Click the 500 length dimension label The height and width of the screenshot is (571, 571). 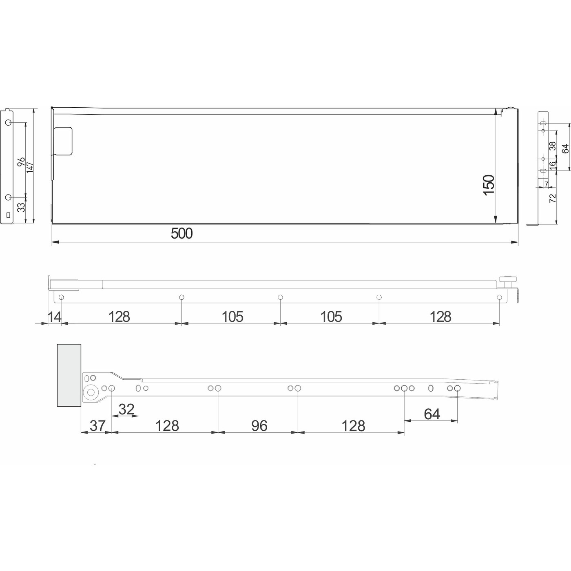181,234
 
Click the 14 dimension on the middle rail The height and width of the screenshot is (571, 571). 54,316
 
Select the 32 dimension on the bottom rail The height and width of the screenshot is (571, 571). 126,409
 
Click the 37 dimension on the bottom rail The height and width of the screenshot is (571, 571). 97,426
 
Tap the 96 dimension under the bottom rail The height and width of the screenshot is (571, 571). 259,426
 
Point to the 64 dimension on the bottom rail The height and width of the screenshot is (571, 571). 432,414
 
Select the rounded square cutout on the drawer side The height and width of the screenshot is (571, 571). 64,141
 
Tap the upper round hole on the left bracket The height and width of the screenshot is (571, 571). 9,123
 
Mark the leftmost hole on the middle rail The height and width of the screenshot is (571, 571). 61,297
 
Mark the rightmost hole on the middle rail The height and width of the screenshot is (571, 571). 499,297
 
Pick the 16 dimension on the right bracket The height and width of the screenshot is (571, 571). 552,165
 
